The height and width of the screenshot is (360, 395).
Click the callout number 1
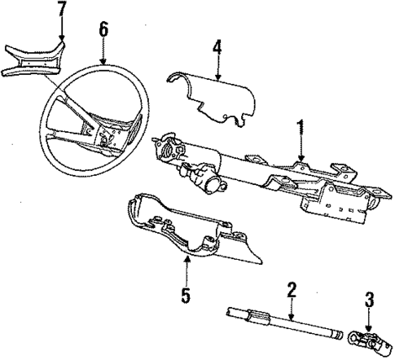(301, 127)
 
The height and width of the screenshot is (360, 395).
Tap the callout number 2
(291, 291)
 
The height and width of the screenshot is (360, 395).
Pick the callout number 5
(187, 294)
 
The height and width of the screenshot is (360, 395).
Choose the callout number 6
(103, 29)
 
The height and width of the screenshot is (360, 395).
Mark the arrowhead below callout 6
(103, 64)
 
